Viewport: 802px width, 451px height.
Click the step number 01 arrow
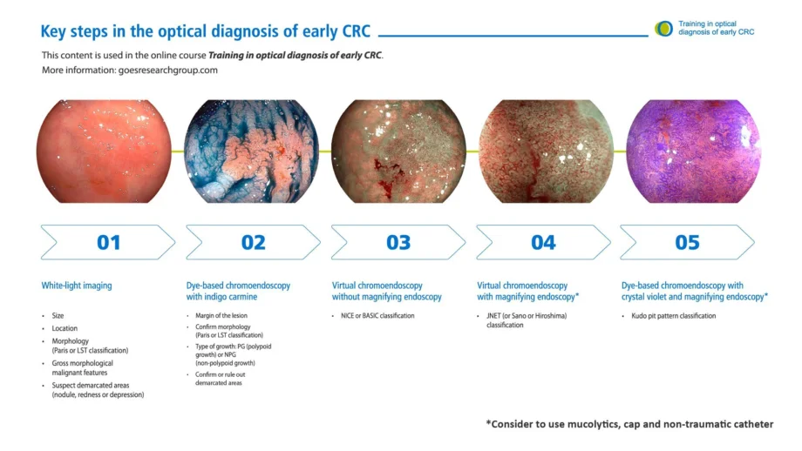(x=108, y=242)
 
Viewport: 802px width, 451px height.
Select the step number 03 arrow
(x=398, y=242)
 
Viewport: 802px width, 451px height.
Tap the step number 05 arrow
(x=687, y=242)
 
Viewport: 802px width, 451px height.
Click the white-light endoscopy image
(x=104, y=151)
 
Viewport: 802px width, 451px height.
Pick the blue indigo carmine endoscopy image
(x=251, y=151)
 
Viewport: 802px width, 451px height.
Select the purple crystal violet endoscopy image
(x=694, y=151)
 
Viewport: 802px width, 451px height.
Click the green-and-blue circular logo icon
(x=664, y=29)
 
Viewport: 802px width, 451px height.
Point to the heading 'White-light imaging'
(x=77, y=286)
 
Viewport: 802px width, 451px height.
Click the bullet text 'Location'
(x=65, y=328)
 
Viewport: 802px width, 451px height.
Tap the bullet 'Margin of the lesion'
(x=221, y=316)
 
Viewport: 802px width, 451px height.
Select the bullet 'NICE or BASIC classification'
(x=377, y=316)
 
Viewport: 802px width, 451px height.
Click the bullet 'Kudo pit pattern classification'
(x=674, y=316)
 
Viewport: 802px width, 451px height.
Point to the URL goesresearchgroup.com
(x=167, y=70)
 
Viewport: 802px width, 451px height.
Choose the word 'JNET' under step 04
(x=493, y=316)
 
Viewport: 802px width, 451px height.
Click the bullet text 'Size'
(x=58, y=316)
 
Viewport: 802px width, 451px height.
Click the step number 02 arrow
(x=253, y=242)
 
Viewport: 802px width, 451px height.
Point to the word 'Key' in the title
(x=52, y=31)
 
